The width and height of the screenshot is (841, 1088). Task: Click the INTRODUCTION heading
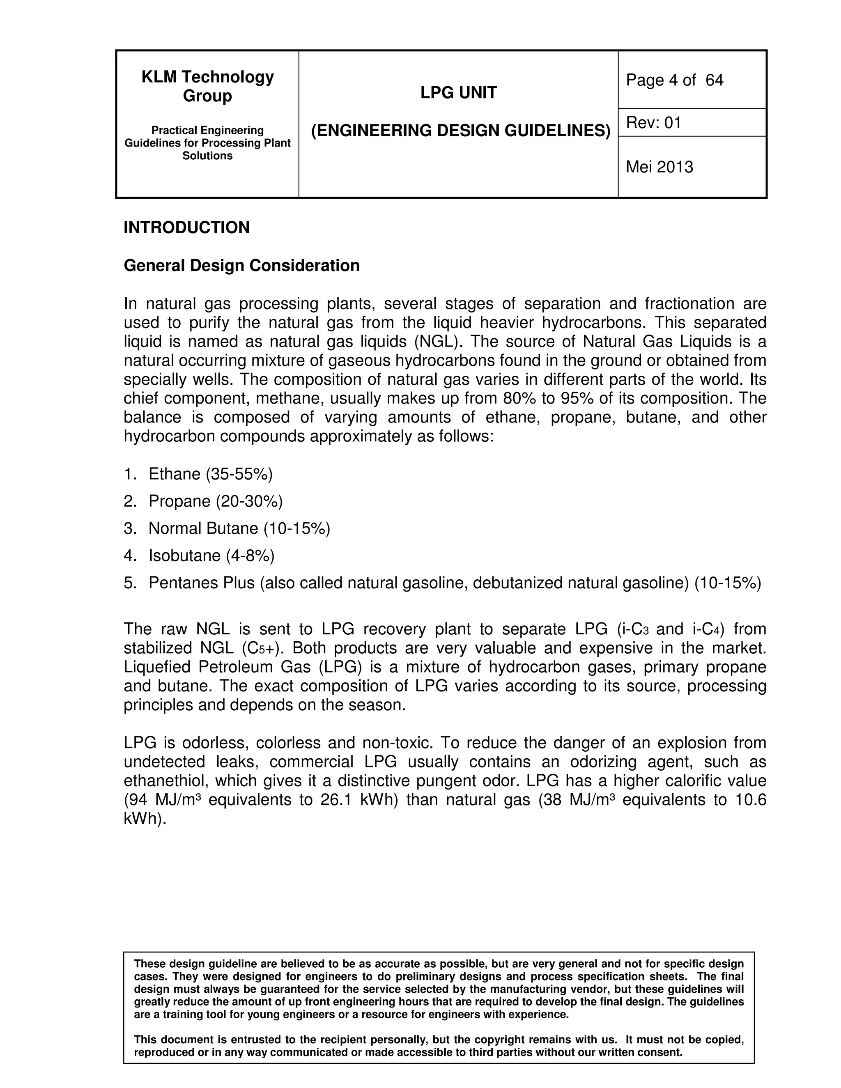[186, 228]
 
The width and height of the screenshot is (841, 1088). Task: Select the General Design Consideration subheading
[241, 266]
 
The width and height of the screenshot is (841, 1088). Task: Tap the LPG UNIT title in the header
[458, 93]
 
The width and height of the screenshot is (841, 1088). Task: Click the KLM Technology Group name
[207, 86]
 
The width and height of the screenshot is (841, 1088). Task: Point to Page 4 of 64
[674, 80]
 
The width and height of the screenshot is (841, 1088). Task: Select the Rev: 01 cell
[653, 122]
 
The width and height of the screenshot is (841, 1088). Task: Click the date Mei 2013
[659, 167]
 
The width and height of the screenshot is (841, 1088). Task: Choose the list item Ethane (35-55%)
[210, 474]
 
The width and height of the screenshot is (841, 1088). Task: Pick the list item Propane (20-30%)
[215, 501]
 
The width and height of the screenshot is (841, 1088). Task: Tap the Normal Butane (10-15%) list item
[239, 528]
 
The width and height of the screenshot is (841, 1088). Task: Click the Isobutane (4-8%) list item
[211, 555]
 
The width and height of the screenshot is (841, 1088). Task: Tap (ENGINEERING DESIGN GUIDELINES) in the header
[460, 131]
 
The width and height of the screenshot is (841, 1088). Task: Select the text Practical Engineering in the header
[207, 131]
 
